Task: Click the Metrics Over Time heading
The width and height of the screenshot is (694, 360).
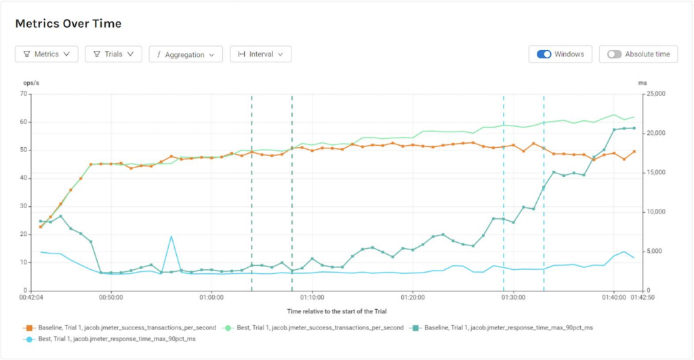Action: pos(68,24)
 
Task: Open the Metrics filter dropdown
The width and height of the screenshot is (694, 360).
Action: pos(47,54)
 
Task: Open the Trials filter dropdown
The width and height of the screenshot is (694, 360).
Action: pos(113,54)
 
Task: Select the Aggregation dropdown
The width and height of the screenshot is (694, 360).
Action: pos(186,54)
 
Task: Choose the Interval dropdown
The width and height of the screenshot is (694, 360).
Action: pos(261,54)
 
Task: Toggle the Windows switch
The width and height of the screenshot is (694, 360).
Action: pos(544,54)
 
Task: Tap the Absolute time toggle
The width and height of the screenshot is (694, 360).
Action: pos(615,54)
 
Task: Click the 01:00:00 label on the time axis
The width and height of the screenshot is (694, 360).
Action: pos(211,297)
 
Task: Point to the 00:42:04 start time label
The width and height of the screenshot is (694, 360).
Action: pos(32,297)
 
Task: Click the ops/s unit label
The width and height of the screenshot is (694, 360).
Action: pos(32,83)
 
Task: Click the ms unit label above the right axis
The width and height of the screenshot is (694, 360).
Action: pos(642,83)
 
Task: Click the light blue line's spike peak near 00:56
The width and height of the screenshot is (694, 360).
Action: pos(171,237)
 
